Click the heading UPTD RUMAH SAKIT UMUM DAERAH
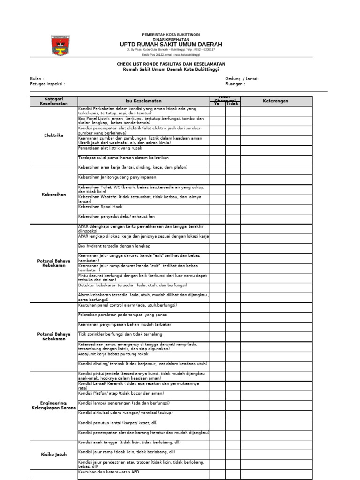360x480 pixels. pyautogui.click(x=171, y=45)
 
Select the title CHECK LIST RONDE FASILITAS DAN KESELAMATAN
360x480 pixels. pyautogui.click(x=171, y=64)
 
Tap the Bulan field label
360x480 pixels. pyautogui.click(x=37, y=79)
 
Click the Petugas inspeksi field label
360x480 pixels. pyautogui.click(x=47, y=84)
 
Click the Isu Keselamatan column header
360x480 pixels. pyautogui.click(x=143, y=101)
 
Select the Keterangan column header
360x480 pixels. pyautogui.click(x=276, y=101)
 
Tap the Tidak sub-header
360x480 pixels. pyautogui.click(x=233, y=104)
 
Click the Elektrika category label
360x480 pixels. pyautogui.click(x=53, y=135)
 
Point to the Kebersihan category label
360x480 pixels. pyautogui.click(x=53, y=194)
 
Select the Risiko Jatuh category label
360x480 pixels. pyautogui.click(x=53, y=454)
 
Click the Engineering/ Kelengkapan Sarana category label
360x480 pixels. pyautogui.click(x=53, y=405)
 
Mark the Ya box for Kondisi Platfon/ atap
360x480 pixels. pyautogui.click(x=217, y=393)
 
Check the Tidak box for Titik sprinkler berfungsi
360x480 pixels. pyautogui.click(x=233, y=334)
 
